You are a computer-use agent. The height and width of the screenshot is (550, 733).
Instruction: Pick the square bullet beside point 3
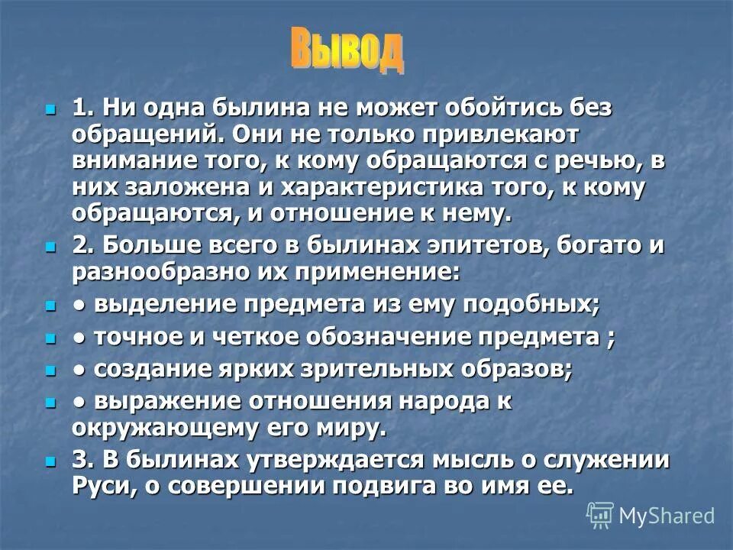point(51,461)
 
